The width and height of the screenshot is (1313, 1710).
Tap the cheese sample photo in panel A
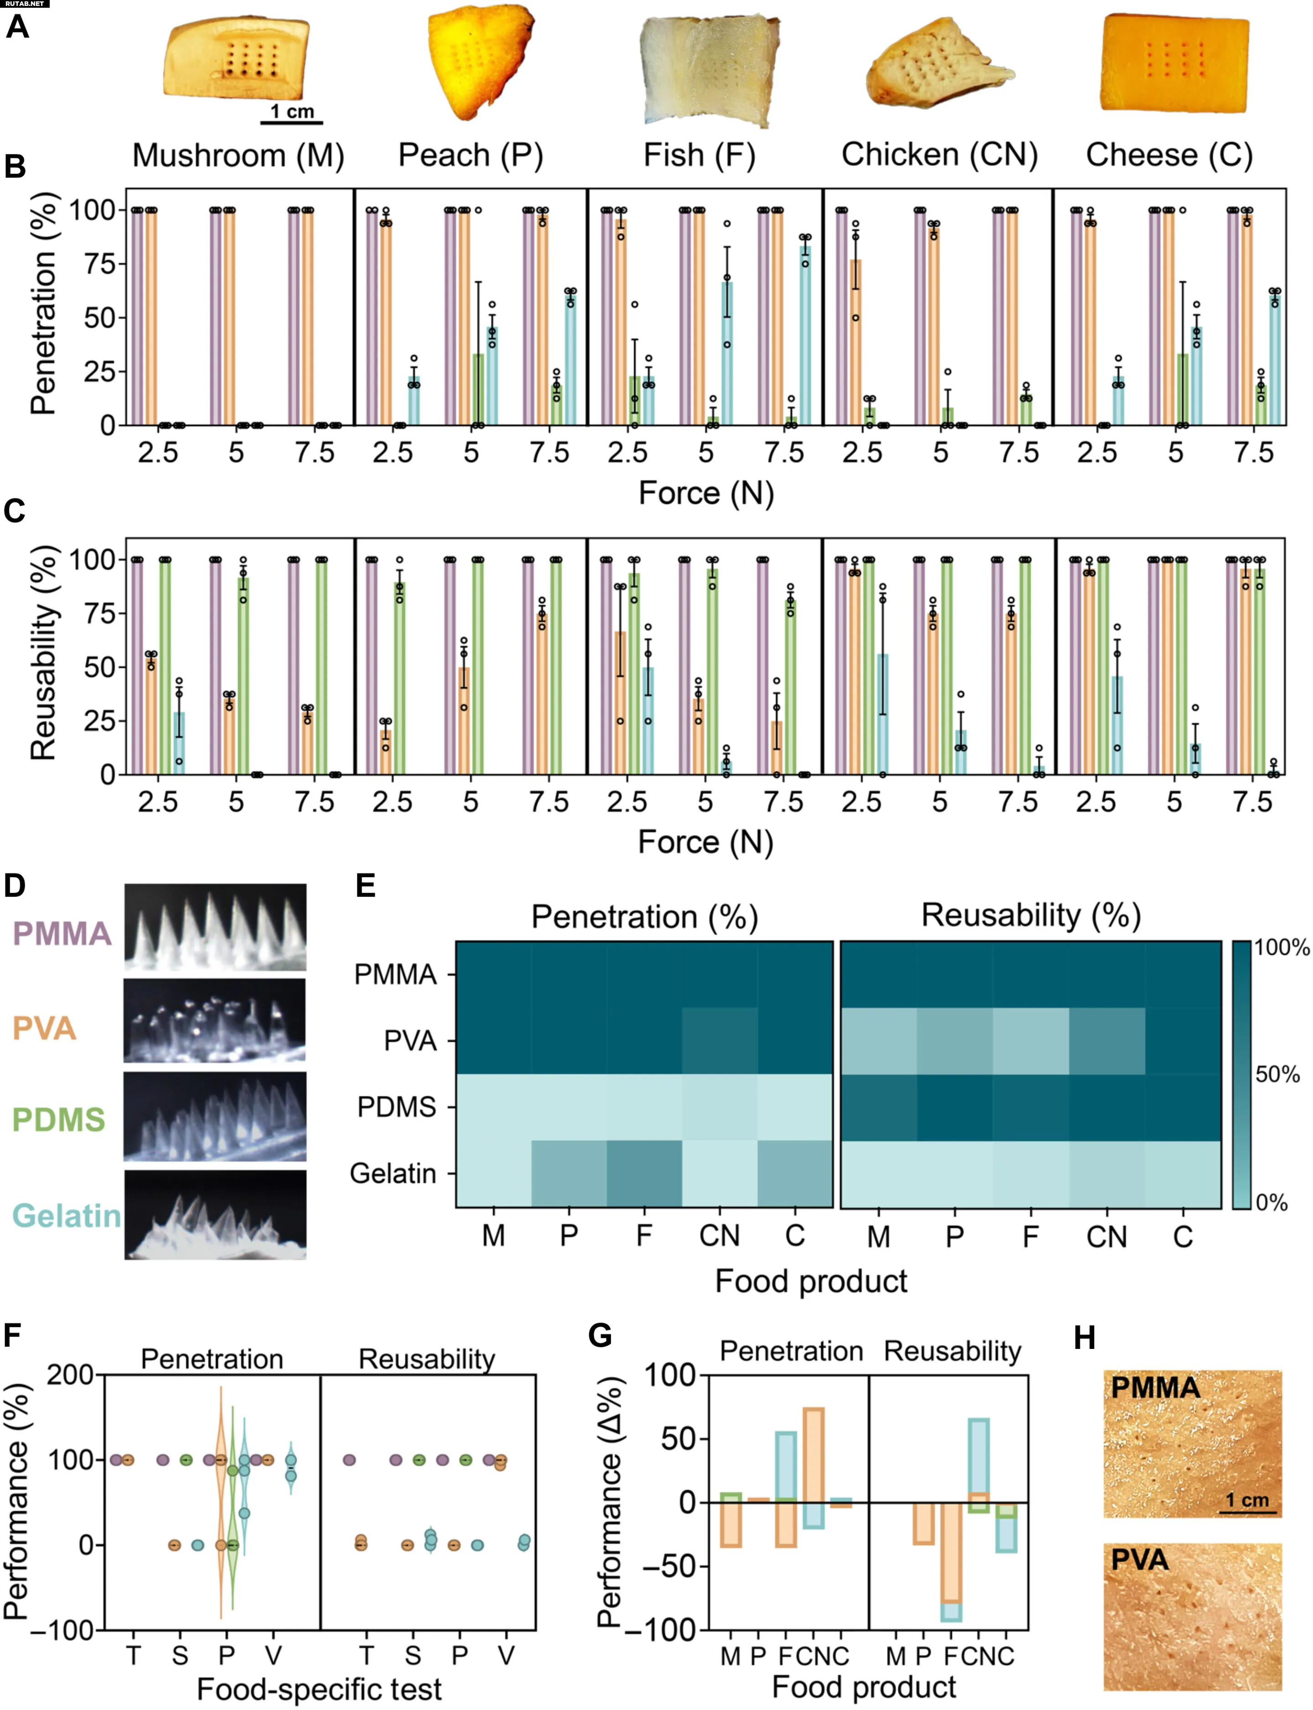(1174, 64)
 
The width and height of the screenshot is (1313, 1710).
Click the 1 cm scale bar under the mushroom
(291, 122)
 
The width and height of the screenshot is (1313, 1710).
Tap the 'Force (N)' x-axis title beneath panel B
(706, 493)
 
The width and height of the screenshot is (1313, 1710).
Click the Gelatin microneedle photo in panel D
(215, 1214)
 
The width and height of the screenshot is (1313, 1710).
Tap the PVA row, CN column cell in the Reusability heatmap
(1106, 1041)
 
